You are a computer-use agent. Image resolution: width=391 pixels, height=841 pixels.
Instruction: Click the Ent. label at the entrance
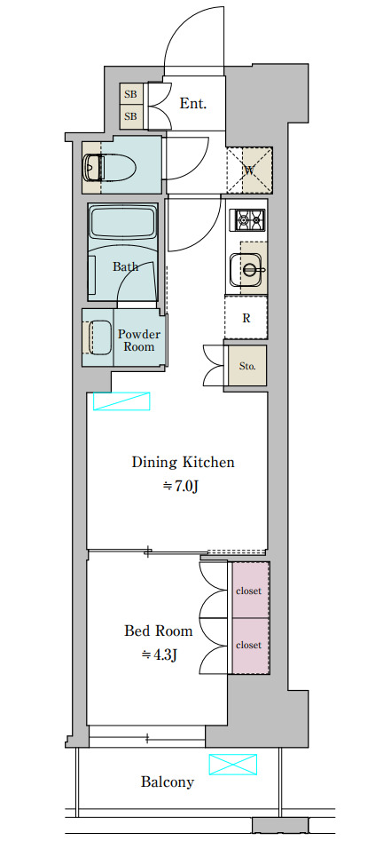point(192,104)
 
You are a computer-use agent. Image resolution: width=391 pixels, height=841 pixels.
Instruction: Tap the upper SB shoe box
point(130,95)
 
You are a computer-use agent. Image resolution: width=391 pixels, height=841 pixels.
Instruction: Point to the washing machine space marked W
point(249,171)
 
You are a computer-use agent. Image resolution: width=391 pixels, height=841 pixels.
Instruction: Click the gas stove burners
point(246,218)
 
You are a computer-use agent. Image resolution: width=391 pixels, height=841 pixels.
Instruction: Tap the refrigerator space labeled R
point(246,318)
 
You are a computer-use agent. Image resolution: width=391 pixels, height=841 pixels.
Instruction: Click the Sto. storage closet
point(246,366)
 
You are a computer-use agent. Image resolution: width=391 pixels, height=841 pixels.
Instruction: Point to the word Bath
point(125,266)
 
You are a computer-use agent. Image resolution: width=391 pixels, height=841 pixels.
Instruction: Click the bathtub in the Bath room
point(123,222)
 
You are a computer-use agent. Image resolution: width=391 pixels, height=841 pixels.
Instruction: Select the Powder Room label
point(138,341)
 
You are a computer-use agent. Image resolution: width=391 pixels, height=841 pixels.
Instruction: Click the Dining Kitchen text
point(184,463)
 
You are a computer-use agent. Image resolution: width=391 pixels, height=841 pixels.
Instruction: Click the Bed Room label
point(159,631)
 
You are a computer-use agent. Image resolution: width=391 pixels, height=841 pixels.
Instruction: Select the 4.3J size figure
point(159,655)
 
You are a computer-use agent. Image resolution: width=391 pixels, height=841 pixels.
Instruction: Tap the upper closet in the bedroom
point(250,590)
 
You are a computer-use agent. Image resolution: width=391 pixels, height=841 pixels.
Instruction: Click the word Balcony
point(167,782)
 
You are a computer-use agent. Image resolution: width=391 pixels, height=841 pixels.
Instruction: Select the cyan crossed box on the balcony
point(233,765)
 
